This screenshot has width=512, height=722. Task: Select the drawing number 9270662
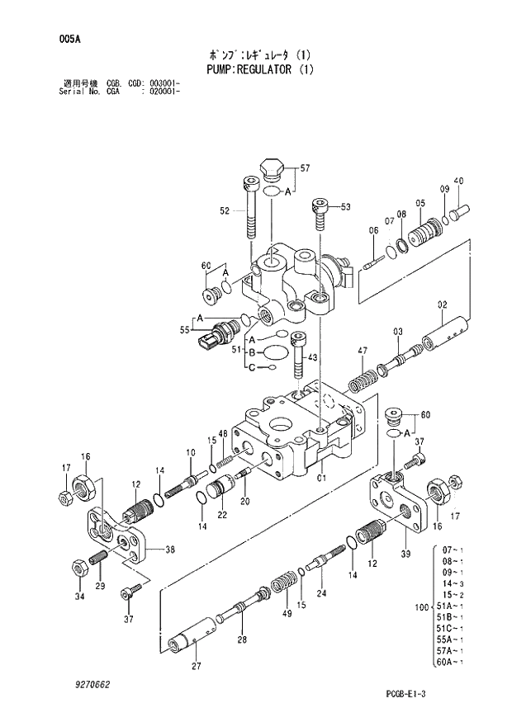[x=91, y=685]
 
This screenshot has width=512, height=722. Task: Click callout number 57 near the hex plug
[x=305, y=168]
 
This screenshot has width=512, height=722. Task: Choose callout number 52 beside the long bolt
[x=224, y=211]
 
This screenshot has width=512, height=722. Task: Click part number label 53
[x=345, y=206]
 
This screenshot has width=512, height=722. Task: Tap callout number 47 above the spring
[x=362, y=352]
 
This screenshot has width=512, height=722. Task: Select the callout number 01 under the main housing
[x=321, y=476]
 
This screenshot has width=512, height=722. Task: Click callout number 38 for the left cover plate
[x=169, y=550]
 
